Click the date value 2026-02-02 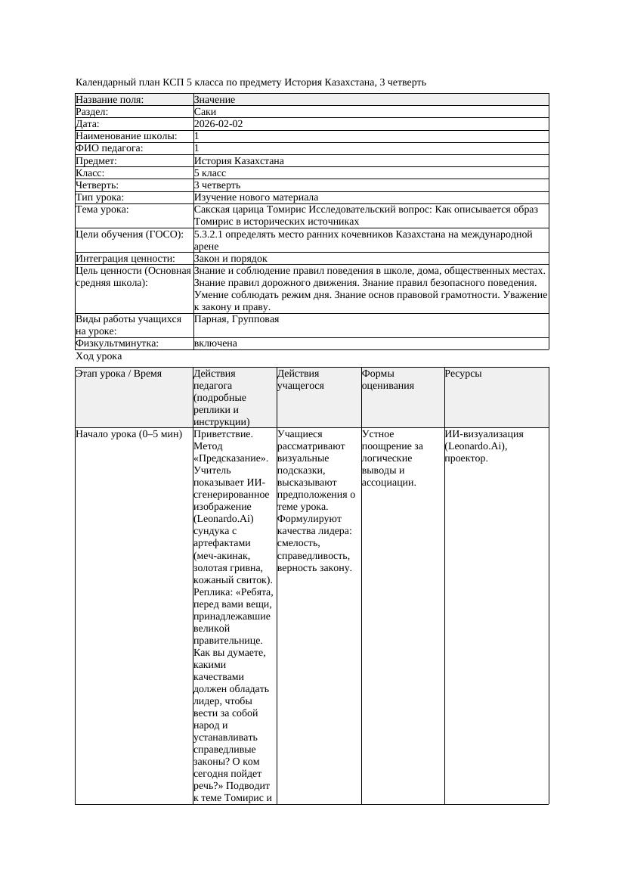pos(218,124)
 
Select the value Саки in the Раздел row pos(205,112)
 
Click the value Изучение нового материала pos(256,197)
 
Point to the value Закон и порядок pos(231,259)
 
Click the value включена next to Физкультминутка pos(215,343)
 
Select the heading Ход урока pos(99,356)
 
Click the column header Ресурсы pos(463,374)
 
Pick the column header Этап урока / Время pos(119,374)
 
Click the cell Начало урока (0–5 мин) pos(129,434)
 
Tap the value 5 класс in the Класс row pos(210,173)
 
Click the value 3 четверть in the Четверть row pos(217,185)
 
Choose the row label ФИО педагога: pos(110,148)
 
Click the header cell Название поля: pos(110,100)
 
